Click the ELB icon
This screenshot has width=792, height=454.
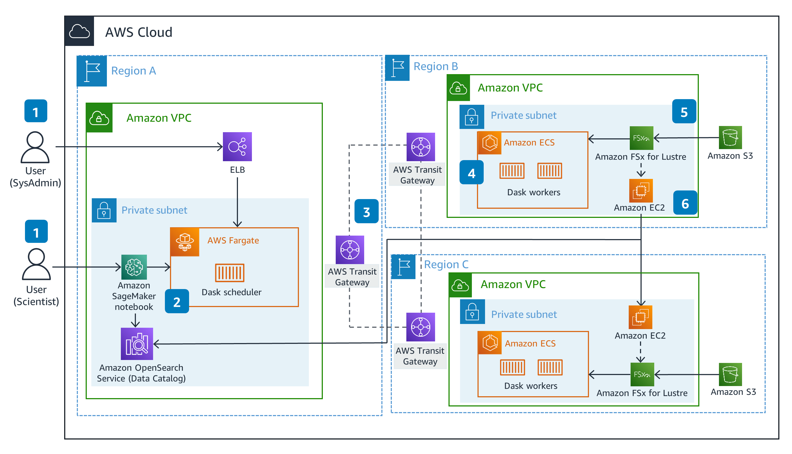(x=237, y=147)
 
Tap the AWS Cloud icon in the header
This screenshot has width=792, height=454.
(x=79, y=31)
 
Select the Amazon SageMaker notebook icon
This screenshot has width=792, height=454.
(x=134, y=267)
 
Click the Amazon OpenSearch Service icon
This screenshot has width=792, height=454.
(x=137, y=344)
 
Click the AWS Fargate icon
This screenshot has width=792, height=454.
(x=185, y=242)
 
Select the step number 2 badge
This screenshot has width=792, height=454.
(x=177, y=301)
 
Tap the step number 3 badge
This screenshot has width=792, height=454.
(x=367, y=212)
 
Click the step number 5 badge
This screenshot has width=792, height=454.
(x=684, y=112)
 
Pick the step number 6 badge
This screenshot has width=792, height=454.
(x=685, y=203)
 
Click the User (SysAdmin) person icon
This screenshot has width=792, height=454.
(x=35, y=147)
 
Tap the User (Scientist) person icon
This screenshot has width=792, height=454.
(x=36, y=264)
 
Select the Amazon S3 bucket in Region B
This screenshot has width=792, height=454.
(x=730, y=138)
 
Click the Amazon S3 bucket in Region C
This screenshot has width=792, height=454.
(x=730, y=374)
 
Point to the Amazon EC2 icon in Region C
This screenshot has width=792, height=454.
(x=640, y=317)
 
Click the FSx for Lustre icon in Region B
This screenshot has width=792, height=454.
(x=641, y=138)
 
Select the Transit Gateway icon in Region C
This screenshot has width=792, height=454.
(x=421, y=327)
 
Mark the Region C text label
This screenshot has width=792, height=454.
(x=446, y=264)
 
